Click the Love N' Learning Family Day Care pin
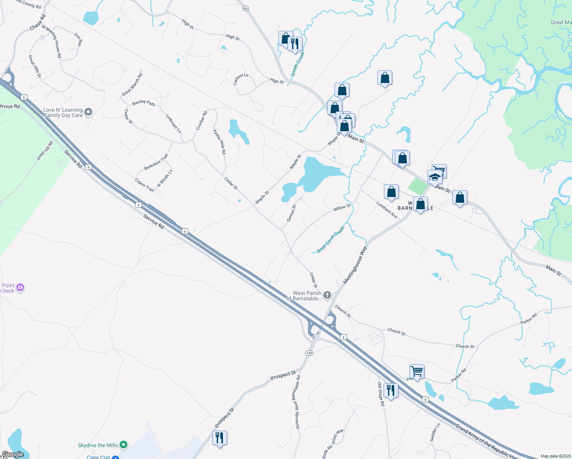[88, 112]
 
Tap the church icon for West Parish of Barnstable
[327, 295]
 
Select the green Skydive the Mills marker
[123, 444]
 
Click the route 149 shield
[309, 353]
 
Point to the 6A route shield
[245, 8]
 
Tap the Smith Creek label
[297, 64]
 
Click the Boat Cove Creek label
[331, 239]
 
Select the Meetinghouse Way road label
[355, 265]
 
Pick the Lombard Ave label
[387, 210]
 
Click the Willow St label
[342, 207]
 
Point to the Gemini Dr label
[291, 213]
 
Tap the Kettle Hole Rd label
[219, 142]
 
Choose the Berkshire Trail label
[156, 162]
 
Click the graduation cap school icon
[435, 177]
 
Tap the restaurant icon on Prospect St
[219, 437]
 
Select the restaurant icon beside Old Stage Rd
[390, 390]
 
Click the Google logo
[13, 454]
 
